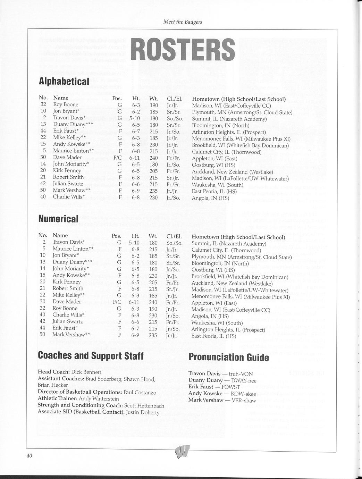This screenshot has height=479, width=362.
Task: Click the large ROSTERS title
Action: tap(184, 49)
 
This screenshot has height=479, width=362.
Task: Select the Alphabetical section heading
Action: tap(64, 81)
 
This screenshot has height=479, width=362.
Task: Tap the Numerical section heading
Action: tap(58, 219)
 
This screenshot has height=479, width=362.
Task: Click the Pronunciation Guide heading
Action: tap(228, 357)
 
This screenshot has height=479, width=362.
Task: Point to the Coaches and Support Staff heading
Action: tap(91, 355)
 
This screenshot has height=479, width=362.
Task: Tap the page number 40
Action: tap(29, 456)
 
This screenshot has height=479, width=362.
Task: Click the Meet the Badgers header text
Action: tap(183, 22)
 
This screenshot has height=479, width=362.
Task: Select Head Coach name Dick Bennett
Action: tap(86, 372)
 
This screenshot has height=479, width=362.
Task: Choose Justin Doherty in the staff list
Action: tap(143, 412)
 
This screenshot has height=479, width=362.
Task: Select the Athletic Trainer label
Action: tap(57, 399)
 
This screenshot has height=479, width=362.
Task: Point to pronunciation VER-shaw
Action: tap(243, 400)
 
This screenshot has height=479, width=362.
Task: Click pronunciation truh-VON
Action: tap(240, 374)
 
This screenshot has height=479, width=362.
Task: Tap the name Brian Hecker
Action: tap(53, 385)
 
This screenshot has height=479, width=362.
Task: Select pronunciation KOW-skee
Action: tap(243, 394)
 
